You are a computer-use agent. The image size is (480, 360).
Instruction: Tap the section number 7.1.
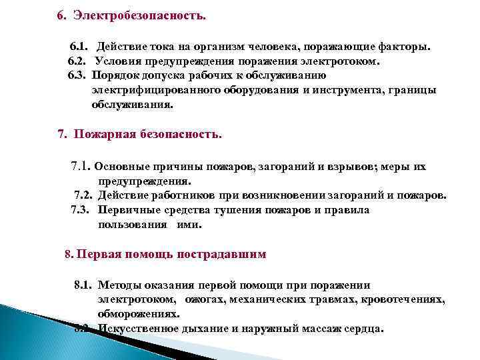(81, 167)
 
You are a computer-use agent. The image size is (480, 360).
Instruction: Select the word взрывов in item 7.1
(349, 167)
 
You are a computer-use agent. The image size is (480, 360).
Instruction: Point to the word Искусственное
(137, 328)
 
